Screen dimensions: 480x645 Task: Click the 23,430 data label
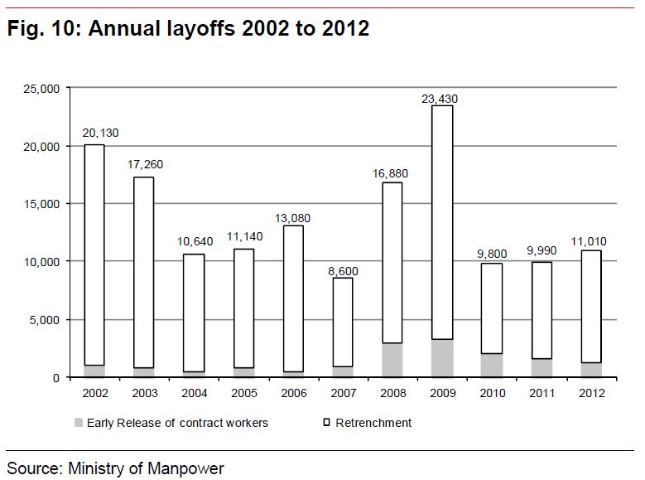(439, 99)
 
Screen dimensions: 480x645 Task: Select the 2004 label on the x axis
(195, 391)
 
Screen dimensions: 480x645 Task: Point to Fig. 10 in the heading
(41, 29)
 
